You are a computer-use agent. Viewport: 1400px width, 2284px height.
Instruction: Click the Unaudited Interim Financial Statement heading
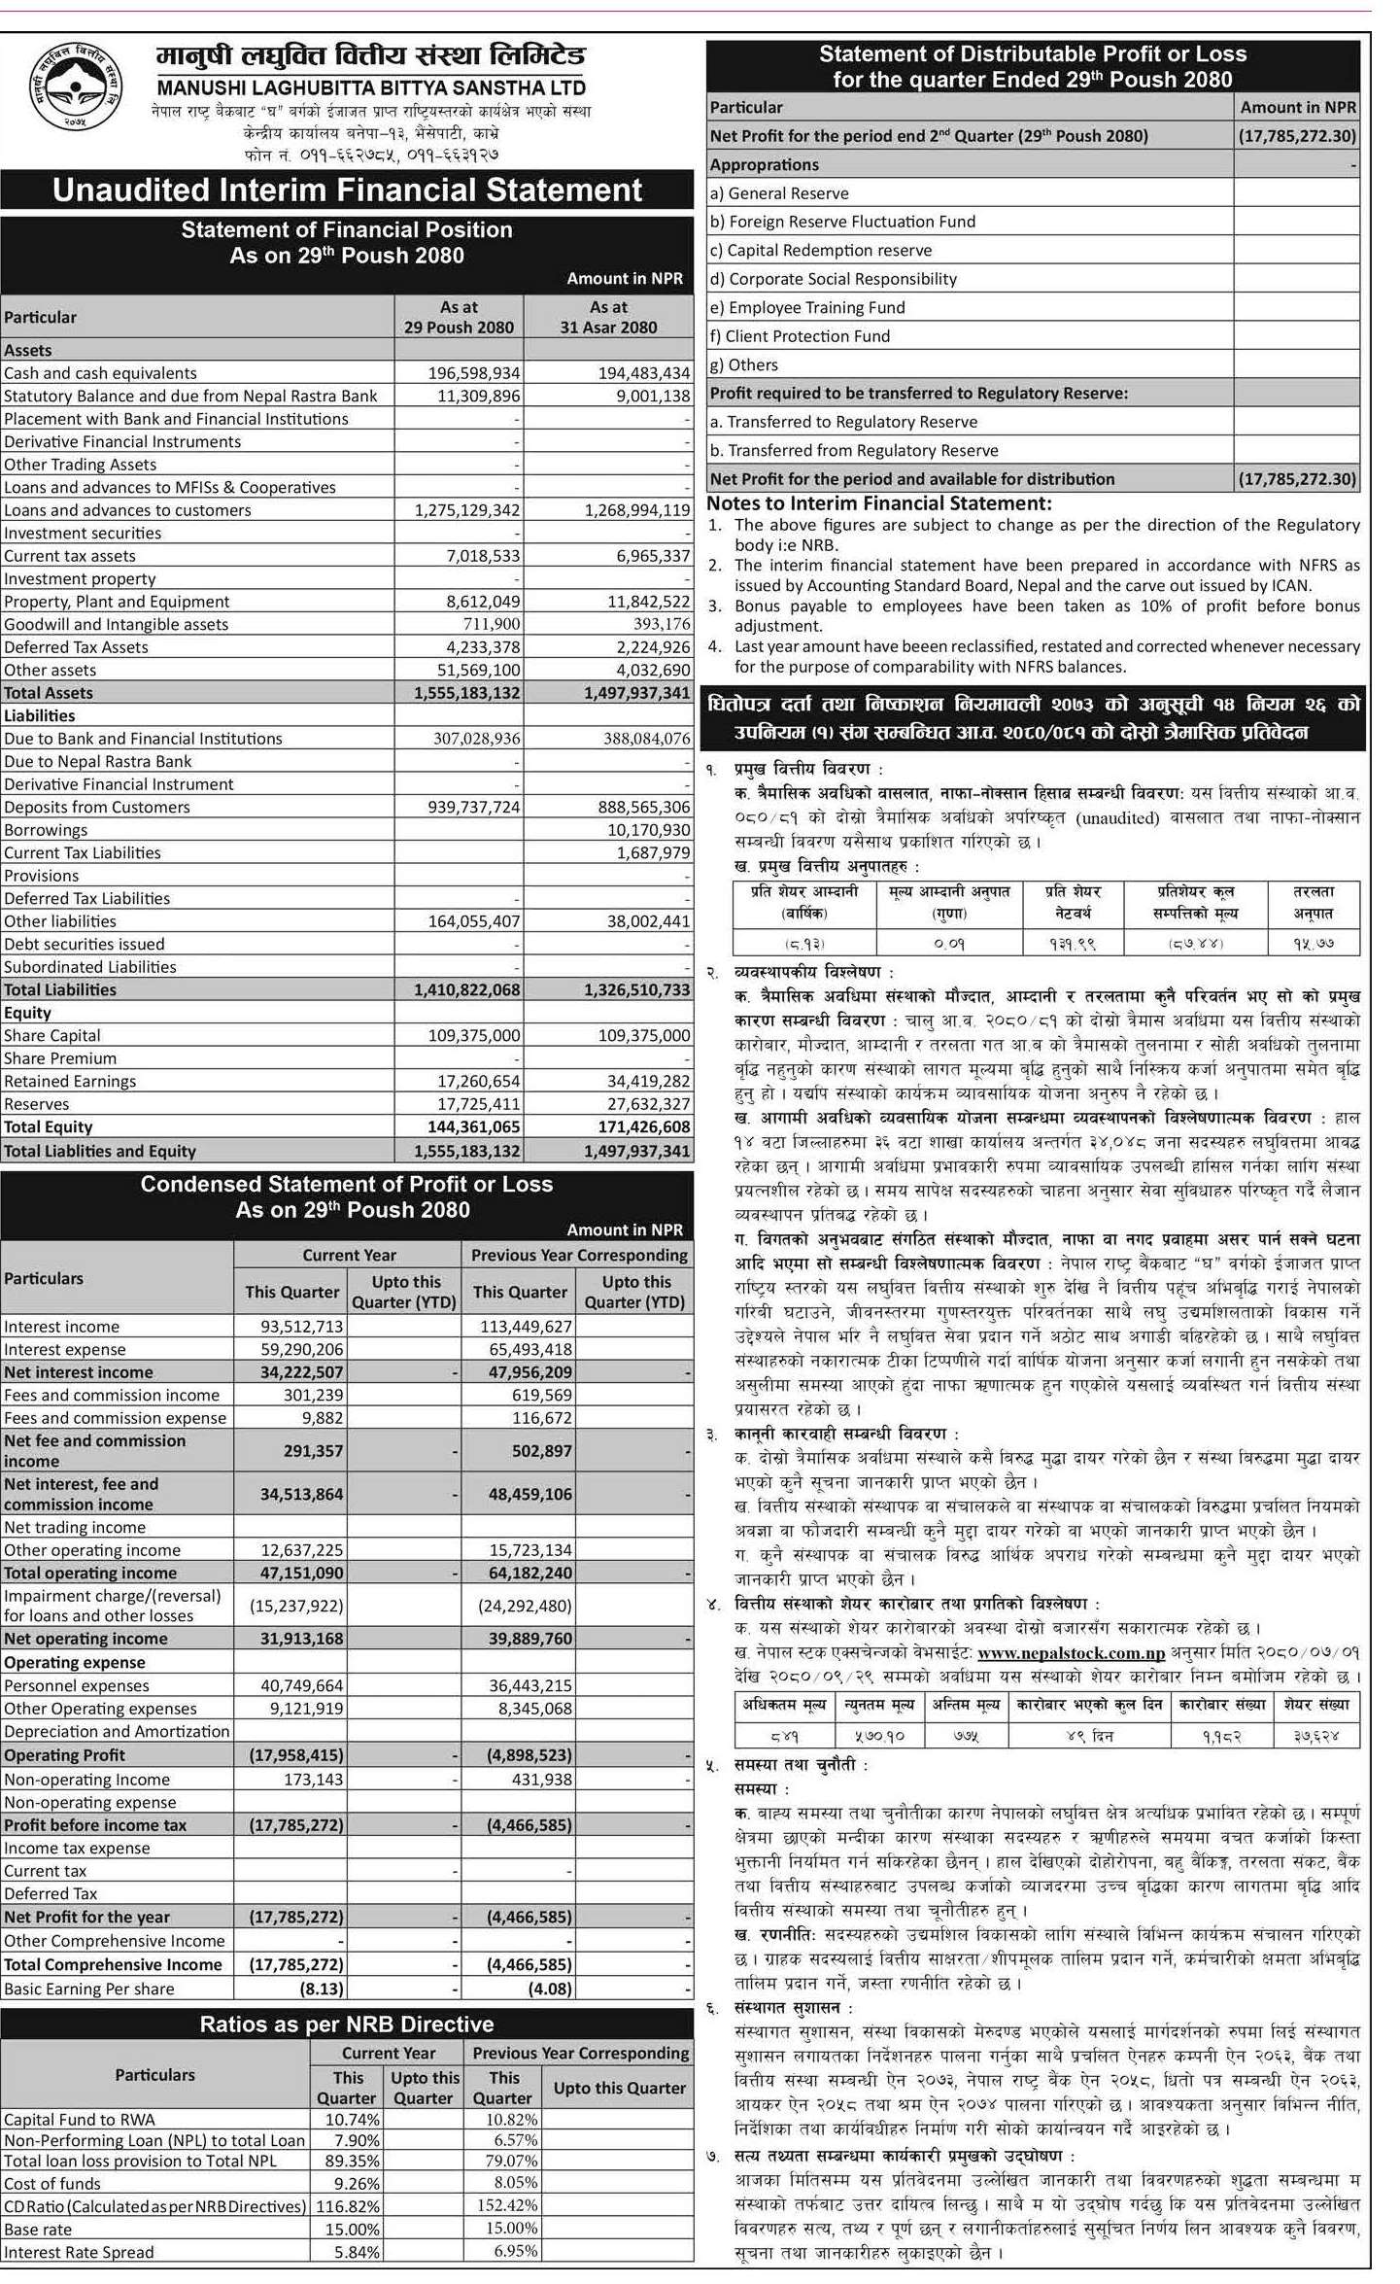tap(347, 190)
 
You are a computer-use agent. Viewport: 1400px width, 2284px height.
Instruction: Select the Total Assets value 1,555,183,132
tap(460, 693)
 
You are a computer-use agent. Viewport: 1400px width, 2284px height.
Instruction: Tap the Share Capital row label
tap(52, 1036)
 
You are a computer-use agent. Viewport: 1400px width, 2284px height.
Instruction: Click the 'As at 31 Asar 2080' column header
tap(608, 317)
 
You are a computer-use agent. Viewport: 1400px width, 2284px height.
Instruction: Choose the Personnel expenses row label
tap(77, 1686)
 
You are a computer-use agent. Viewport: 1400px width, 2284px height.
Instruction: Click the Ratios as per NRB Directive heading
tap(347, 2024)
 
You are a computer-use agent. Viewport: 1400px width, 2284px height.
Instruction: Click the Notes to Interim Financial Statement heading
tap(878, 503)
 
